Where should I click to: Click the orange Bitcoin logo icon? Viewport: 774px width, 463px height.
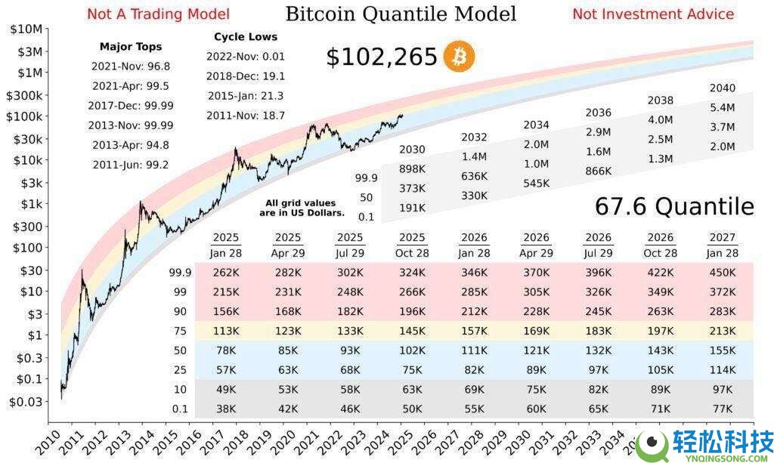click(x=459, y=57)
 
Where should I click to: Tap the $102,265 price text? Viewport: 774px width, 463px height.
click(x=382, y=57)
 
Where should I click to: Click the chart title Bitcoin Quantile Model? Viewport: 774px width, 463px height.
click(x=401, y=14)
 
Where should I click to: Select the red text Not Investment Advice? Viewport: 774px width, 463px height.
click(x=653, y=14)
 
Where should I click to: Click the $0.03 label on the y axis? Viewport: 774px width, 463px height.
click(x=26, y=402)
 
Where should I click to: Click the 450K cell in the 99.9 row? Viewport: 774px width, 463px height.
click(x=722, y=270)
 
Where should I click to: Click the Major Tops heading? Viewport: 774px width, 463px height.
click(x=131, y=47)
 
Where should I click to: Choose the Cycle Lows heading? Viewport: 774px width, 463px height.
click(x=246, y=36)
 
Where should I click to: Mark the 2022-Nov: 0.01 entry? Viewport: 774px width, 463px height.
click(x=246, y=56)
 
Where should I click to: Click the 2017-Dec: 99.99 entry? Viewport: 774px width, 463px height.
click(x=131, y=106)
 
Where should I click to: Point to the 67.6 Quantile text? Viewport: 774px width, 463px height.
click(x=674, y=206)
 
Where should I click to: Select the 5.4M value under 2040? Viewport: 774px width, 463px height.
click(x=722, y=107)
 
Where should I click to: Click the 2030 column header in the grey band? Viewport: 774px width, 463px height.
click(x=412, y=149)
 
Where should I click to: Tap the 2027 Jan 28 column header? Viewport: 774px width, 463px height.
click(x=722, y=245)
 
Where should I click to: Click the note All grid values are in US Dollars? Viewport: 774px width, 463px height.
click(x=300, y=208)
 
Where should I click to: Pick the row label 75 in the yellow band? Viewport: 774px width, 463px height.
click(x=179, y=329)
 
